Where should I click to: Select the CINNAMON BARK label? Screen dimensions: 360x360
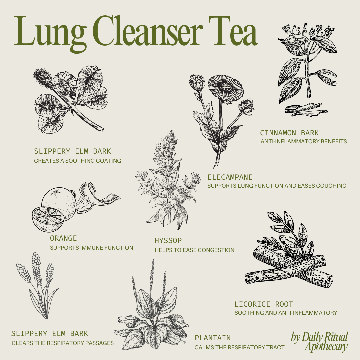pyautogui.click(x=289, y=133)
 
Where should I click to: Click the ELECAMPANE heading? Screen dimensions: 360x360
pyautogui.click(x=230, y=177)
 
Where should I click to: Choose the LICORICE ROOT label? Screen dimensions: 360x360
pyautogui.click(x=264, y=304)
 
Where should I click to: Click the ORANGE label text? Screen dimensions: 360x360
pyautogui.click(x=63, y=238)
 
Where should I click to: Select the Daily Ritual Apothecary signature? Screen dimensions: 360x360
pyautogui.click(x=319, y=342)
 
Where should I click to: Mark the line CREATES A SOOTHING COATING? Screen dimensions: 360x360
pyautogui.click(x=77, y=161)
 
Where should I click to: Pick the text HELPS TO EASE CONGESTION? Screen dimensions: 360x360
pyautogui.click(x=194, y=250)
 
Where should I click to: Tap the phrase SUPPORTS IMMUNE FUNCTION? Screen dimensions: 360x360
pyautogui.click(x=91, y=248)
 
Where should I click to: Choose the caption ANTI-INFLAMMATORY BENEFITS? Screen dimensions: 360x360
pyautogui.click(x=303, y=142)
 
